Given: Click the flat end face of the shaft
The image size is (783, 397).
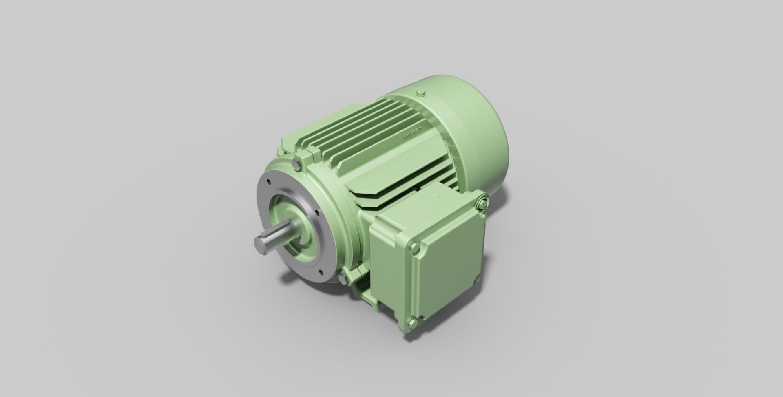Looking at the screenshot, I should (260, 244).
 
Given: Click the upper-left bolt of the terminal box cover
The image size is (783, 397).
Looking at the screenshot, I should (415, 247).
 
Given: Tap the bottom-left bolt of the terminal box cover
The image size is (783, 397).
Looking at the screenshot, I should (413, 323).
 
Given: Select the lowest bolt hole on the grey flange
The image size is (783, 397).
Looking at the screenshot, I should (321, 271).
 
